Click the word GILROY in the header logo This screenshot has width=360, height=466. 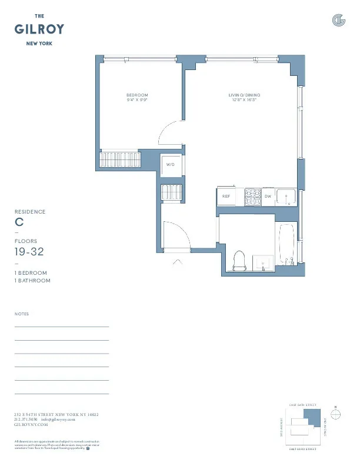pyautogui.click(x=39, y=29)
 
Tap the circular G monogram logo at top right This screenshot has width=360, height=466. pyautogui.click(x=338, y=21)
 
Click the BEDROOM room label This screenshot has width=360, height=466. pyautogui.click(x=137, y=95)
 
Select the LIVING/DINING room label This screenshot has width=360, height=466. pyautogui.click(x=244, y=95)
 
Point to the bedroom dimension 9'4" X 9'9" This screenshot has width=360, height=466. pyautogui.click(x=137, y=100)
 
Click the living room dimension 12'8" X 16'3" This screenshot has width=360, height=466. pyautogui.click(x=244, y=100)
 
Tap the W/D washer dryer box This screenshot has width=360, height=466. pyautogui.click(x=171, y=165)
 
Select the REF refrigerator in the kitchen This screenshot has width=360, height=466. pyautogui.click(x=226, y=197)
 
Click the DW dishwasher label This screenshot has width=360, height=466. pyautogui.click(x=268, y=197)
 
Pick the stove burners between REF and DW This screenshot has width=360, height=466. pyautogui.click(x=253, y=197)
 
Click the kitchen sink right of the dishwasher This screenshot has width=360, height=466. pyautogui.click(x=286, y=197)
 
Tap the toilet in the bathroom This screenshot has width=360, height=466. pyautogui.click(x=239, y=261)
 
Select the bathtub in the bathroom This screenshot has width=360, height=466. pyautogui.click(x=288, y=247)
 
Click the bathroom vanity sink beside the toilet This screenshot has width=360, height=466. pyautogui.click(x=262, y=262)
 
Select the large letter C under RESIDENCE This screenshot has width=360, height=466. pyautogui.click(x=19, y=223)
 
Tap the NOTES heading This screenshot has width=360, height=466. pyautogui.click(x=21, y=314)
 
